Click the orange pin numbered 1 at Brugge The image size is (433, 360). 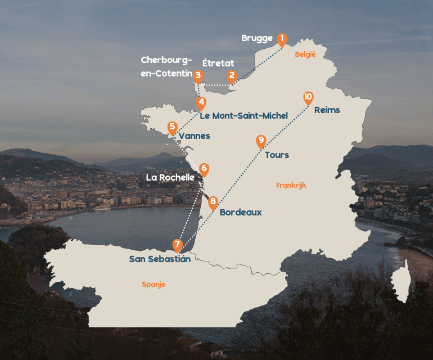point(282,39)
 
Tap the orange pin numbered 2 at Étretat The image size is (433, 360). point(231,76)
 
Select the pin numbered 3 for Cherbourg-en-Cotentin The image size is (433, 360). point(197,75)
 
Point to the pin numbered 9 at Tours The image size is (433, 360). point(260,141)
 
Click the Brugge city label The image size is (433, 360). point(257,38)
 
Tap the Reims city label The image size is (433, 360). point(327,110)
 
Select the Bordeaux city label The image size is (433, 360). point(241,213)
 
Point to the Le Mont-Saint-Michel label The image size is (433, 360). point(244,116)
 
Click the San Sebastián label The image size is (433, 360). point(160,259)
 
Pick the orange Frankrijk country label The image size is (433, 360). point(291,185)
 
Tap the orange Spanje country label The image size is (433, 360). point(154,285)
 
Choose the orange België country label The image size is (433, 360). point(305,55)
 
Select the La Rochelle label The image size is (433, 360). point(170,177)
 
